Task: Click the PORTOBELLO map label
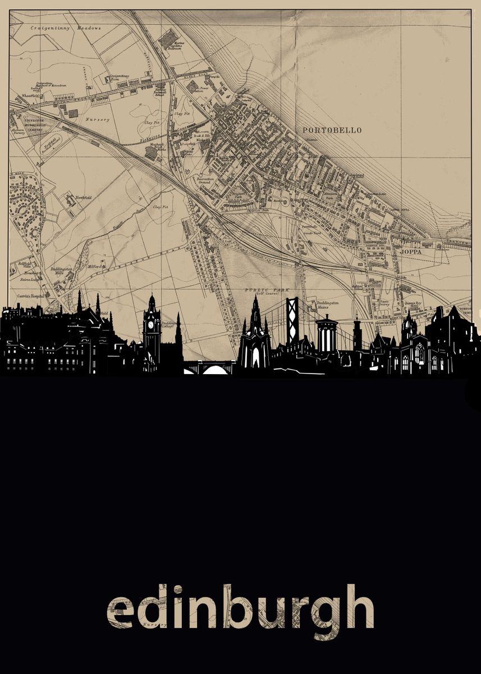332,130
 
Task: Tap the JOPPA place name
410,252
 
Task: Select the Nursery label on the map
98,120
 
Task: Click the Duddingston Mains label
327,304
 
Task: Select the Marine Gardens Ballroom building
167,40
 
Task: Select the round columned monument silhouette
326,334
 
